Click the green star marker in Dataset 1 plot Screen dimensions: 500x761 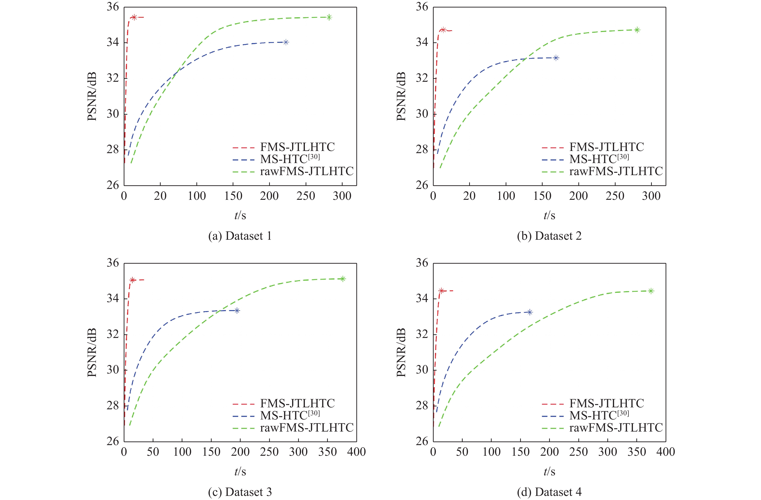tap(329, 17)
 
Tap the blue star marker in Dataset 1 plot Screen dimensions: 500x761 tap(286, 42)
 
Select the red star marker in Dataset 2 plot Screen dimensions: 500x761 tap(443, 30)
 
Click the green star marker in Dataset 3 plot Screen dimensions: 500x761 tap(343, 279)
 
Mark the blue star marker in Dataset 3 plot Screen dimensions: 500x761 tap(237, 311)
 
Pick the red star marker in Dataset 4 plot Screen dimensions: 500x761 tap(441, 291)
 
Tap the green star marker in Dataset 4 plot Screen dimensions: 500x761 tap(651, 291)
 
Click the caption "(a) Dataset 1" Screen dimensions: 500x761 tap(240, 236)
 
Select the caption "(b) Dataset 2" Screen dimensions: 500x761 tap(549, 236)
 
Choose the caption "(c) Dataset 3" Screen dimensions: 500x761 tap(240, 492)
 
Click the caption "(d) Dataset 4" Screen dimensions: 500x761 tap(549, 492)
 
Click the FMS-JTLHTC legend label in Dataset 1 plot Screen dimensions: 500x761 tap(297, 147)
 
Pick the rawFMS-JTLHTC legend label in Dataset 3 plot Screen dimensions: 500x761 tap(307, 428)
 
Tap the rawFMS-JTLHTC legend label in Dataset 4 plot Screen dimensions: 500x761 tap(616, 428)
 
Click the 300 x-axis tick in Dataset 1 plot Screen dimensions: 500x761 tap(342, 196)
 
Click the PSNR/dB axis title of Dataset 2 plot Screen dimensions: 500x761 tap(401, 96)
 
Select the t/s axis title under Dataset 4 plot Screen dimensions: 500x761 tap(549, 471)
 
